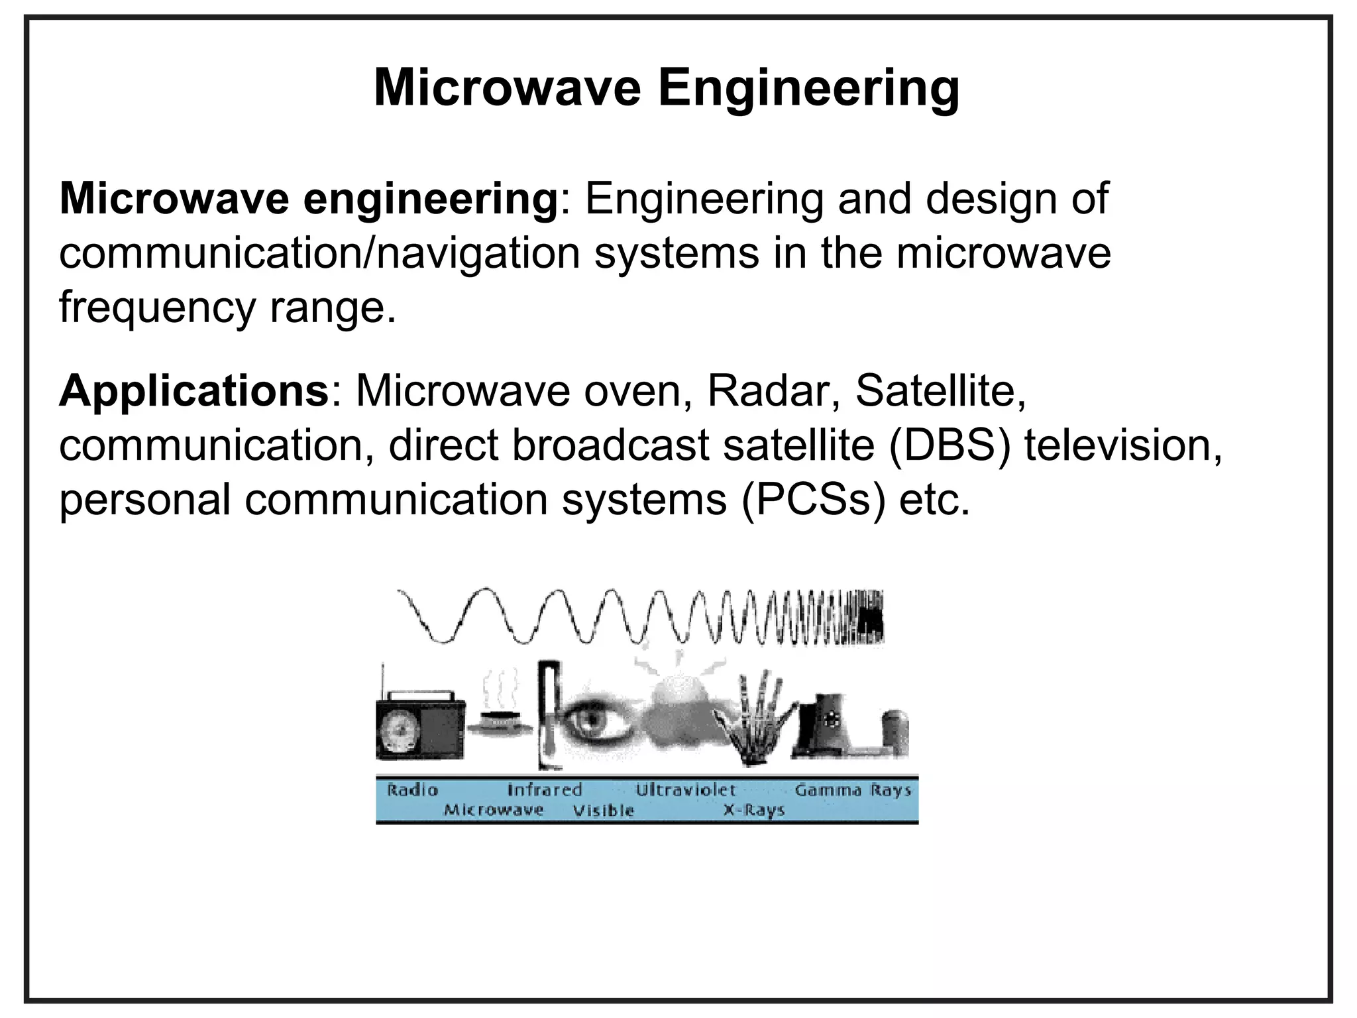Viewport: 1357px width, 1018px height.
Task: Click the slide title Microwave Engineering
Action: [x=666, y=88]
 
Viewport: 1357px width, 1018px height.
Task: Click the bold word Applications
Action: [x=193, y=392]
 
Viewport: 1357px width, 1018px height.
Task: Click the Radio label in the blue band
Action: [x=412, y=790]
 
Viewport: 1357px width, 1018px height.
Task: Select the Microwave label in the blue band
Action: [x=494, y=810]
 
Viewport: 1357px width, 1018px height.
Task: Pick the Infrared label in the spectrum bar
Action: [x=544, y=790]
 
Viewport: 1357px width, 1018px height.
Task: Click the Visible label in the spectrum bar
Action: [x=603, y=811]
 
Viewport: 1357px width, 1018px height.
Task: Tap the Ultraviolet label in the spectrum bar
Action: [x=686, y=790]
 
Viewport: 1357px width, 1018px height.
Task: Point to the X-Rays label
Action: [x=754, y=811]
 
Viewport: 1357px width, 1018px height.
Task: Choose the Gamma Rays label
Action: [x=853, y=790]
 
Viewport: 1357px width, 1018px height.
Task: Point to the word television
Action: [x=1122, y=445]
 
